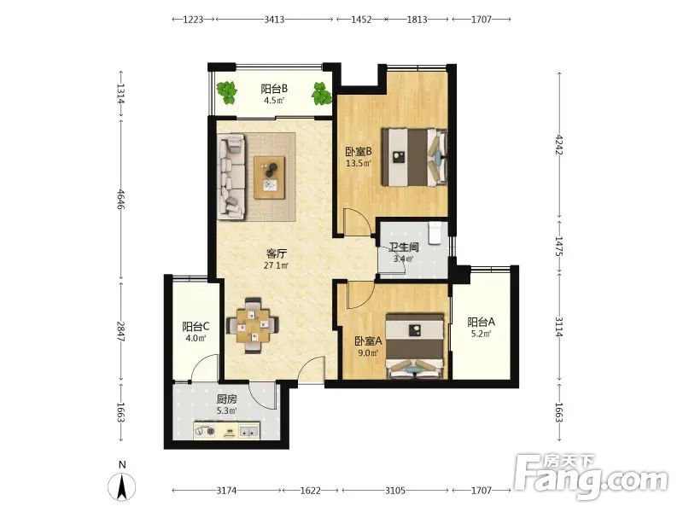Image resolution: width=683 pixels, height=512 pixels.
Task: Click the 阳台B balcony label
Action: pyautogui.click(x=274, y=89)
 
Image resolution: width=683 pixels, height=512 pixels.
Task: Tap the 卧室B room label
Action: pyautogui.click(x=359, y=152)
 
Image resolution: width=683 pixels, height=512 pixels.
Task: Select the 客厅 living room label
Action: pyautogui.click(x=276, y=253)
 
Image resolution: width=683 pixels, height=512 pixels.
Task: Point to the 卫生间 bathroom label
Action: pyautogui.click(x=404, y=247)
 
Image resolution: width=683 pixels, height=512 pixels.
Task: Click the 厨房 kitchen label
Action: pyautogui.click(x=226, y=399)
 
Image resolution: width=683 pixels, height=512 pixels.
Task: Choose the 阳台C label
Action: pyautogui.click(x=196, y=327)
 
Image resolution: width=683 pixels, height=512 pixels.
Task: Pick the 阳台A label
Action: pyautogui.click(x=481, y=323)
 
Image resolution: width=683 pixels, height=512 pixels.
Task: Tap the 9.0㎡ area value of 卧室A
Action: pyautogui.click(x=366, y=352)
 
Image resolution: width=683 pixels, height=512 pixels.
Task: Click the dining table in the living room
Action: pyautogui.click(x=253, y=325)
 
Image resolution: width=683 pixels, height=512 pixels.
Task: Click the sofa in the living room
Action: pyautogui.click(x=231, y=176)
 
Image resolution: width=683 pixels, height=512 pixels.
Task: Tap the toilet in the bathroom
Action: pyautogui.click(x=435, y=233)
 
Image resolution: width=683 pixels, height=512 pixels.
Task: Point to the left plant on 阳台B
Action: pyautogui.click(x=227, y=93)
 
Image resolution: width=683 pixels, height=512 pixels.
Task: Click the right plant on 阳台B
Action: pyautogui.click(x=322, y=93)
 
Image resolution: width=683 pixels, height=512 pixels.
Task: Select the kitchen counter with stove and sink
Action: pyautogui.click(x=227, y=431)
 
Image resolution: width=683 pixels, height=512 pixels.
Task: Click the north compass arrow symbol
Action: pyautogui.click(x=122, y=486)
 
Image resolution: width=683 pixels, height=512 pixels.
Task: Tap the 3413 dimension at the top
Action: pyautogui.click(x=274, y=20)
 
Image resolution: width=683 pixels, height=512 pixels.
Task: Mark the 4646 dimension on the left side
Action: pyautogui.click(x=121, y=199)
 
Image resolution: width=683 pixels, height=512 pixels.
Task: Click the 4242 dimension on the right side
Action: pyautogui.click(x=559, y=146)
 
